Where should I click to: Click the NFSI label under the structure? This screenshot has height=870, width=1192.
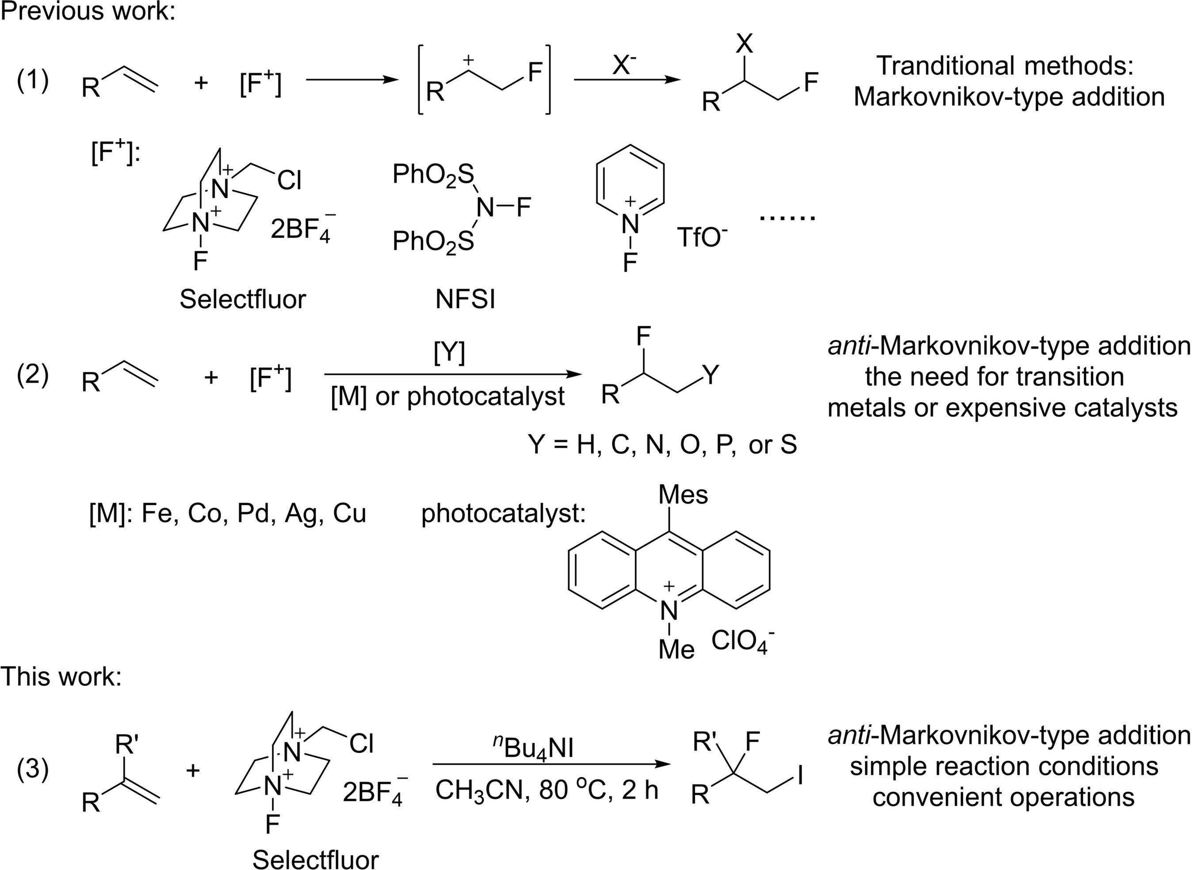click(x=465, y=300)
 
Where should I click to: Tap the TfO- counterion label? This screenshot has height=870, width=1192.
click(x=702, y=237)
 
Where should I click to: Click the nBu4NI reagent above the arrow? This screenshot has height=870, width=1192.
click(x=534, y=747)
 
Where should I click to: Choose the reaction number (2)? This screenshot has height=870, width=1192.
click(x=33, y=375)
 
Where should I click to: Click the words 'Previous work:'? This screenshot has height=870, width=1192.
click(x=88, y=11)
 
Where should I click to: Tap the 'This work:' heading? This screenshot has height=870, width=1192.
click(x=61, y=676)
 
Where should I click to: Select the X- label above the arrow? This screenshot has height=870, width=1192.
click(x=624, y=65)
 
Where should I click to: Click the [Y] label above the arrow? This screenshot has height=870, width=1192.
click(x=449, y=353)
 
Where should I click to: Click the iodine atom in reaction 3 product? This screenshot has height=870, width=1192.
click(x=800, y=776)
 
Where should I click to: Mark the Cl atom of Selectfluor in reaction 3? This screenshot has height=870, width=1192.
click(x=361, y=743)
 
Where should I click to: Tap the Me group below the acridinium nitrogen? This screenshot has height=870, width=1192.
click(x=676, y=649)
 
